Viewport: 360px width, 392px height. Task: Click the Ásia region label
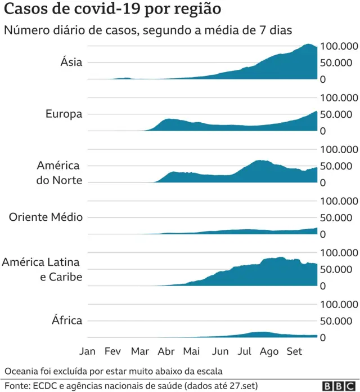click(x=71, y=62)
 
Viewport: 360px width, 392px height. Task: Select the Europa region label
click(x=64, y=114)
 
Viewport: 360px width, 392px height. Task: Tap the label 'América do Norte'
click(x=60, y=173)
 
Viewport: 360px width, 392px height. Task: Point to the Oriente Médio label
click(x=46, y=217)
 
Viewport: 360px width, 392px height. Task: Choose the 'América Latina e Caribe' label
click(x=42, y=269)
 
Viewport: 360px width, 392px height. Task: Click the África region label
click(x=67, y=320)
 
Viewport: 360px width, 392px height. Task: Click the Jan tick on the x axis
click(x=87, y=351)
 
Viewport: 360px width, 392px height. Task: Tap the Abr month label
click(x=166, y=351)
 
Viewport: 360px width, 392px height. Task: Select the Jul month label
click(x=244, y=351)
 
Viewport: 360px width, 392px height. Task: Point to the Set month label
click(x=294, y=351)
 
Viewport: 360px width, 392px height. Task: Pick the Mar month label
click(x=139, y=351)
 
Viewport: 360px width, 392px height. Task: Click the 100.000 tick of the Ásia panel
click(x=339, y=46)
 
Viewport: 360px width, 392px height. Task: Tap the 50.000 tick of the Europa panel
click(x=339, y=114)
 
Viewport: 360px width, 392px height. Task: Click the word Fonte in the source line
click(x=15, y=386)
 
